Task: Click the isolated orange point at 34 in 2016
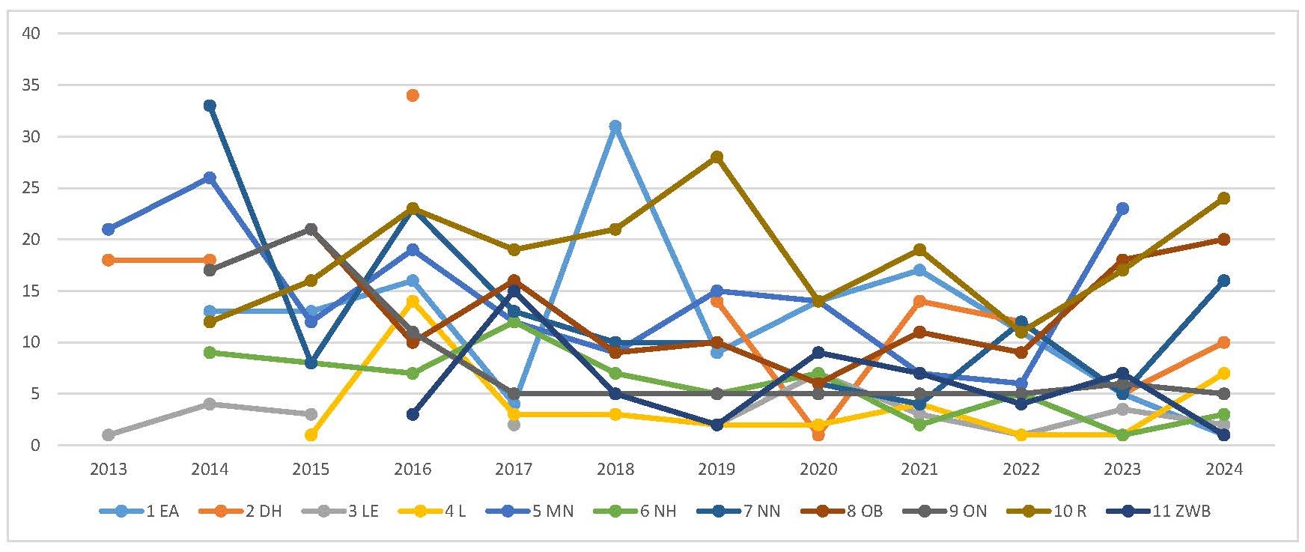[x=413, y=95]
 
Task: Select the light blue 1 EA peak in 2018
[x=615, y=126]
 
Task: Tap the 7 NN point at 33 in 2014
[x=210, y=106]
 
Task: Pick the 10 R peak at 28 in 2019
[x=717, y=157]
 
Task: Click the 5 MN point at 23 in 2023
[x=1122, y=208]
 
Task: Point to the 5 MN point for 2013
[x=109, y=229]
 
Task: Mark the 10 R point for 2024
[x=1224, y=198]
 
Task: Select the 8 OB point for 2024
[x=1224, y=240]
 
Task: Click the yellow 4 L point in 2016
[x=413, y=301]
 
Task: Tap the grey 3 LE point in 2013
[x=109, y=434]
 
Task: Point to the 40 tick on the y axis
[x=31, y=33]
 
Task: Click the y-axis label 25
[x=31, y=188]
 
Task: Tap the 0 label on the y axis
[x=34, y=446]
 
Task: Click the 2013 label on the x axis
[x=109, y=470]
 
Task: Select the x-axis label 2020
[x=818, y=470]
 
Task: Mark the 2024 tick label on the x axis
[x=1224, y=470]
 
